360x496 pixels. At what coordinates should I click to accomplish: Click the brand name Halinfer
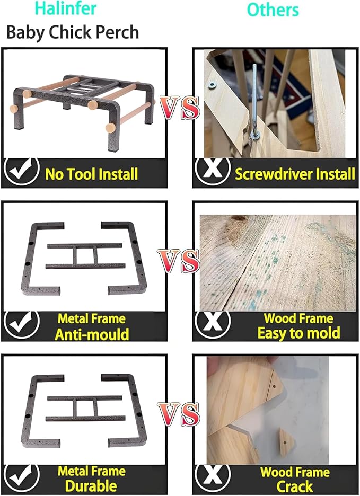click(x=66, y=8)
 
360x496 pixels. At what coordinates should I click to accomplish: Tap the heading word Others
click(x=273, y=10)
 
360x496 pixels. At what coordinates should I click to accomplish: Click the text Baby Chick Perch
click(x=73, y=32)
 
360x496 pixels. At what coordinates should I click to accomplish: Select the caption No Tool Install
click(x=92, y=174)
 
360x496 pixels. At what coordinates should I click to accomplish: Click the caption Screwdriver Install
click(x=295, y=174)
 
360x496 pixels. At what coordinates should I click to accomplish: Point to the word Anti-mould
click(x=92, y=334)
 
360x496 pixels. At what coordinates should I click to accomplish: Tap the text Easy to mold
click(x=298, y=333)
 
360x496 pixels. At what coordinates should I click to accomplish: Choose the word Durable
click(x=91, y=486)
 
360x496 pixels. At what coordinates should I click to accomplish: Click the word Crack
click(x=295, y=486)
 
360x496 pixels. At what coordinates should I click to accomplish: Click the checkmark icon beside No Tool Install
click(x=22, y=171)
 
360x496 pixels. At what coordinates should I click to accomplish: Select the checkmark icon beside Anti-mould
click(x=22, y=324)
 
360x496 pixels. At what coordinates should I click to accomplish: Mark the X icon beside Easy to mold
click(x=213, y=324)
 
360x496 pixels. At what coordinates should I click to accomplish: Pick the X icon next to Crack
click(x=213, y=477)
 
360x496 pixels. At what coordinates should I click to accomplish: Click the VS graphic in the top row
click(x=180, y=108)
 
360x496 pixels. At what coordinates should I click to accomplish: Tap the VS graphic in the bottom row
click(x=179, y=414)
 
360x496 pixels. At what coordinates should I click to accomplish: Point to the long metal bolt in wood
click(x=255, y=101)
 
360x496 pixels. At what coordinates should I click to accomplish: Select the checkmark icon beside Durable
click(x=22, y=477)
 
